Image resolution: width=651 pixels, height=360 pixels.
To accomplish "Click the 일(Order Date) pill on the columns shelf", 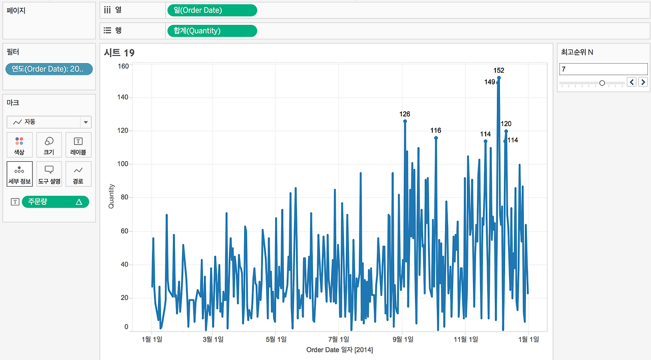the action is pos(212,11).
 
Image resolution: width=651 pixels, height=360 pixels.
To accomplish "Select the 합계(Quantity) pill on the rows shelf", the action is pos(212,31).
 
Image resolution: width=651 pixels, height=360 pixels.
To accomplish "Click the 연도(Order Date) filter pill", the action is pos(49,69).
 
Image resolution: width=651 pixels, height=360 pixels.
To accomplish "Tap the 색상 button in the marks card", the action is pos(19,145).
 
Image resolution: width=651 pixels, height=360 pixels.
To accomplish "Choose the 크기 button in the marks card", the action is pos(49,145).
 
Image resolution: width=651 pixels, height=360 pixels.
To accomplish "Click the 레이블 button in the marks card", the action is pos(78,145).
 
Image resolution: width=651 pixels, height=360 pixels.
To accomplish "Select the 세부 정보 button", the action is pos(19,174).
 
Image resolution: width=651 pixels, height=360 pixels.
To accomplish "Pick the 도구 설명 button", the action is pos(49,174).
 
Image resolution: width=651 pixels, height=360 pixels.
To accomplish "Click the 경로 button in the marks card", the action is pos(78,174).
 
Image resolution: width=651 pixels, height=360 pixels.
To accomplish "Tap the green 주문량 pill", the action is pos(55,202).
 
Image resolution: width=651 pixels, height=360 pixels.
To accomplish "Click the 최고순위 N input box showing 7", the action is pos(603,69).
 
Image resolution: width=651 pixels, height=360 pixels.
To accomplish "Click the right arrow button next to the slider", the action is pos(643,82).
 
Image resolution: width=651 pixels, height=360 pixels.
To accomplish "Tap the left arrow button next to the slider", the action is pos(632,82).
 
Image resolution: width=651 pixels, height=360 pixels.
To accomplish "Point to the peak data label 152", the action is pos(499,70).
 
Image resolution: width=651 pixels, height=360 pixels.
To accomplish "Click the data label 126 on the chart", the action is pos(404,114).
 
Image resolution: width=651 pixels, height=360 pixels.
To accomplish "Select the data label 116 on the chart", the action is pos(436,131).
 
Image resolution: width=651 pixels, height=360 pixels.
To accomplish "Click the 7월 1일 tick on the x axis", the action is pos(339,339).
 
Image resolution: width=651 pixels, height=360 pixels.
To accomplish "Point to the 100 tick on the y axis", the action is pos(123,164).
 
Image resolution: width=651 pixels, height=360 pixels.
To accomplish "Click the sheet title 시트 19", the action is pos(119,53).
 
